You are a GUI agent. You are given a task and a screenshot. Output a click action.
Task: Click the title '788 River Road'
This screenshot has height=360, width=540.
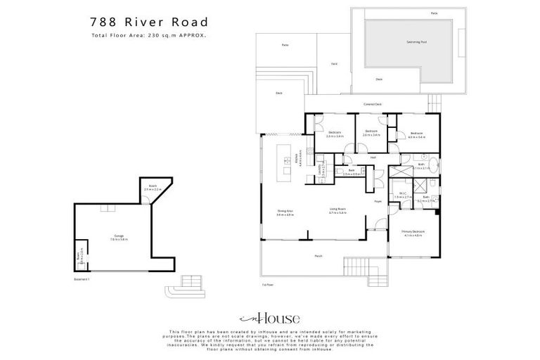point(148,22)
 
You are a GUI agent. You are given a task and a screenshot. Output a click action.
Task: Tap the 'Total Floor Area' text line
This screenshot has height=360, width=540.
point(148,35)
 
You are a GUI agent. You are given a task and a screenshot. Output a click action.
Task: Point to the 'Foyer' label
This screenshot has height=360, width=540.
point(378,201)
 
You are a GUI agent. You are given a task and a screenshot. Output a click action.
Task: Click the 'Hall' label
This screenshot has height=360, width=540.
point(373,157)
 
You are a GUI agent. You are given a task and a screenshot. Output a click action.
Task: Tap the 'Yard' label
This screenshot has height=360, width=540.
point(333,64)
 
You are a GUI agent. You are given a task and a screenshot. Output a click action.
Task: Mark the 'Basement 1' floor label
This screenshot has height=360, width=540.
point(82,279)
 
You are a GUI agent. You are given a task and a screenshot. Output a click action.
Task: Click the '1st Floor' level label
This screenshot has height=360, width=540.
point(266,284)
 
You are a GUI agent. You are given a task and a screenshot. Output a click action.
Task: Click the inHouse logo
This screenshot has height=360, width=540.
point(269,317)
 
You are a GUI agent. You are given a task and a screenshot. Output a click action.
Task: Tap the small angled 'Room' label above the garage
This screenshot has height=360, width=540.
point(153,187)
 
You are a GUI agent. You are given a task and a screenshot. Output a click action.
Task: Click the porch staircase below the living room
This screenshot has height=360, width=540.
point(354,268)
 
